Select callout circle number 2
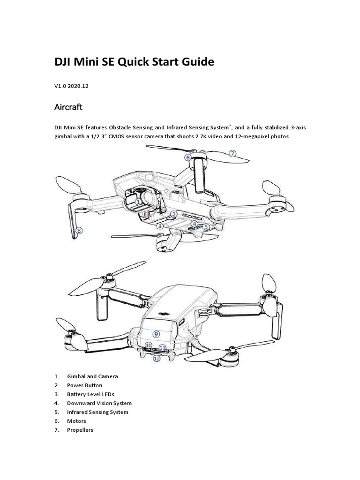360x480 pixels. [x=173, y=214]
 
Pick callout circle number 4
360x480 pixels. [x=195, y=224]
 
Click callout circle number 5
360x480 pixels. [x=206, y=227]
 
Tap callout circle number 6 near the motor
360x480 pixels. [x=187, y=158]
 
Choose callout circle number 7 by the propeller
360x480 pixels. [x=232, y=153]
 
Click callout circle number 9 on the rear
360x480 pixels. [x=156, y=334]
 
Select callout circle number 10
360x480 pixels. [x=149, y=345]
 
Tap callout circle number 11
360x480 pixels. [x=162, y=348]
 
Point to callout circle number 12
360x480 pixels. [x=157, y=359]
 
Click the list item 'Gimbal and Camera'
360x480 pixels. [x=92, y=376]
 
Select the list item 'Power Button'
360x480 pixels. [x=84, y=385]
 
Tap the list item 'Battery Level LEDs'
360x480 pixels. [x=90, y=394]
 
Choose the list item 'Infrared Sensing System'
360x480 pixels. [x=97, y=412]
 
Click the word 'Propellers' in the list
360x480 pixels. [x=80, y=430]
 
